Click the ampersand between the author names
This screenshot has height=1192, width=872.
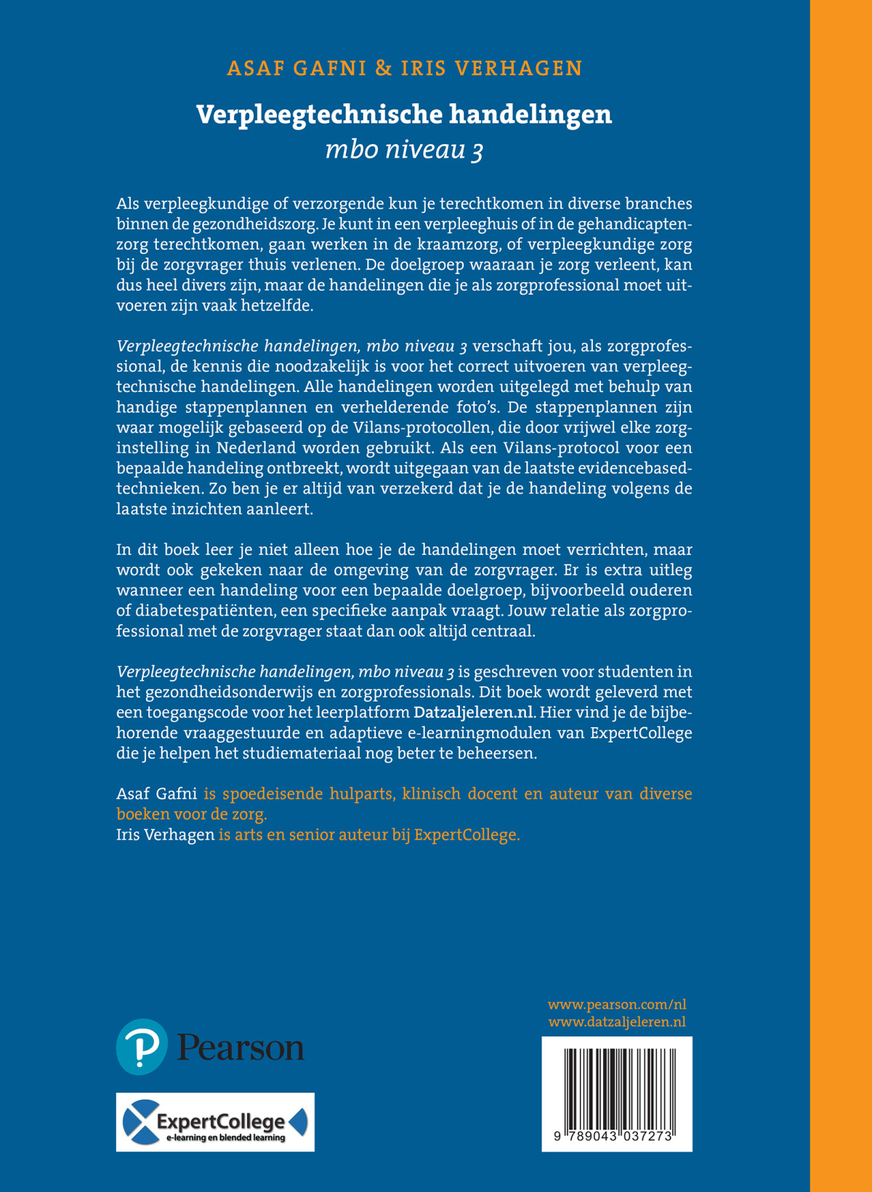[x=383, y=68]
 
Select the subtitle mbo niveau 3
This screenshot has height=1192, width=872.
[x=404, y=150]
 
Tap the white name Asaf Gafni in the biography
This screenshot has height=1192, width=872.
[x=156, y=793]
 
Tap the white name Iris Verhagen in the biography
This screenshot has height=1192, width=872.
[x=165, y=834]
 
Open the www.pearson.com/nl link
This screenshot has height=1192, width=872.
[x=616, y=1004]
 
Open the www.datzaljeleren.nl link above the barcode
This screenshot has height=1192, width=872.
[x=616, y=1022]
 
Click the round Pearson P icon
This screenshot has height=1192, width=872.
[x=142, y=1047]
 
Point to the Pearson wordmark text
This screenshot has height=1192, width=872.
[x=241, y=1048]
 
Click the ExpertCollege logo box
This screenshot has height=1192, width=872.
[x=215, y=1121]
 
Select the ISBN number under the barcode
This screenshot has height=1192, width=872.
[x=616, y=1136]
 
